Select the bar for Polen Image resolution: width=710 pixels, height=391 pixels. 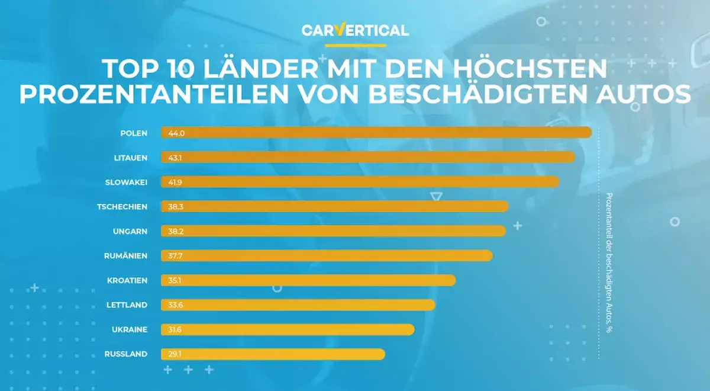(x=376, y=133)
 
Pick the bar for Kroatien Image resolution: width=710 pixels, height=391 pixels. (x=308, y=280)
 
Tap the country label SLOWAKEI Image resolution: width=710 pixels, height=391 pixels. (x=127, y=182)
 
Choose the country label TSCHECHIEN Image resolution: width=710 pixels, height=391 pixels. (x=122, y=207)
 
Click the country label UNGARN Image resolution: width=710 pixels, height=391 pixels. (x=130, y=231)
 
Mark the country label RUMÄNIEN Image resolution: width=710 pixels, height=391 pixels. (x=125, y=256)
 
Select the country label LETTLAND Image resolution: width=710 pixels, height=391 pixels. (x=127, y=305)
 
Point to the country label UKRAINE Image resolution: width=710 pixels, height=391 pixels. (x=129, y=329)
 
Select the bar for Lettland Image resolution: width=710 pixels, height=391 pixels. (x=298, y=305)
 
